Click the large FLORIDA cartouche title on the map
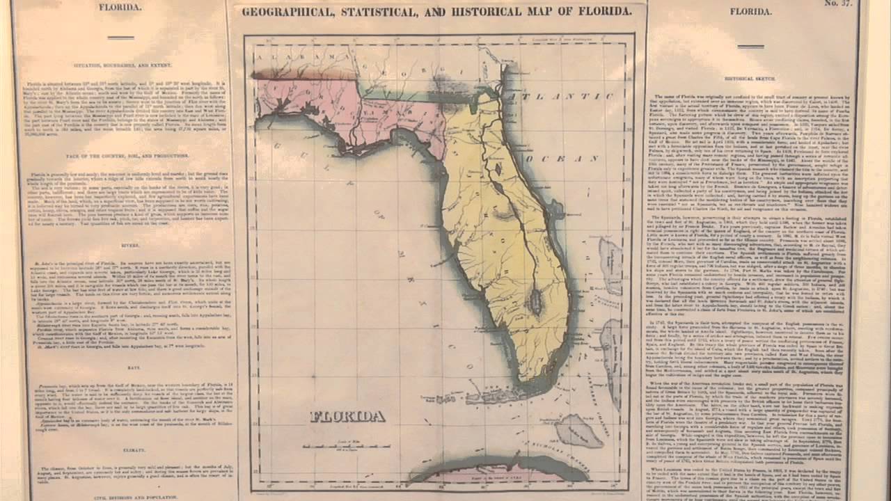(347, 417)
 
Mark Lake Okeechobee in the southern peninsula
(535, 301)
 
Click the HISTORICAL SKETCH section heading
(749, 79)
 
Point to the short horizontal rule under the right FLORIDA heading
(746, 47)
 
